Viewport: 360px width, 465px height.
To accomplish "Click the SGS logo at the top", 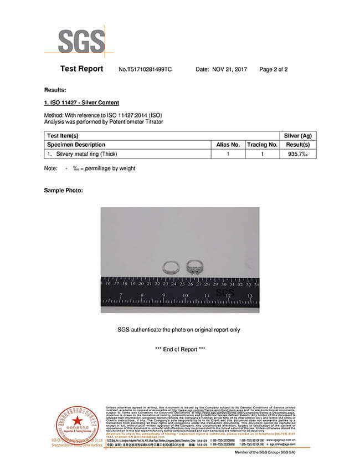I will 81,40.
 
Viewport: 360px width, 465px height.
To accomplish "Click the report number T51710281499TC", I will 146,70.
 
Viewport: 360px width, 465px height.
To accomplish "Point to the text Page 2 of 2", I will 274,70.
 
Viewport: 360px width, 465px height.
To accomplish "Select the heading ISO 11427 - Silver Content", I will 81,103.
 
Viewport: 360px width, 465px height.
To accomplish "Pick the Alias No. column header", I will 228,145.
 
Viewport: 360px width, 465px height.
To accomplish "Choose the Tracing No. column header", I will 262,145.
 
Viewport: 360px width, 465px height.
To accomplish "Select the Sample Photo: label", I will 63,191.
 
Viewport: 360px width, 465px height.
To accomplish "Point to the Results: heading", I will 55,90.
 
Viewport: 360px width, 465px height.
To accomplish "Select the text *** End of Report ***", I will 180,349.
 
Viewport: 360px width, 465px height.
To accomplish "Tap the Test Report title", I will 81,69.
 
